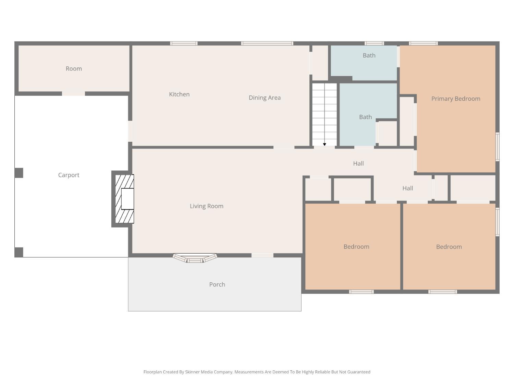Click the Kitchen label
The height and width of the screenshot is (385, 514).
click(x=179, y=94)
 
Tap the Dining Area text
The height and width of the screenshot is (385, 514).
click(x=265, y=98)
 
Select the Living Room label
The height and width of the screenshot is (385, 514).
click(x=207, y=206)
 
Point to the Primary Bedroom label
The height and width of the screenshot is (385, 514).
click(x=456, y=99)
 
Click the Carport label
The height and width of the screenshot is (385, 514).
click(x=69, y=175)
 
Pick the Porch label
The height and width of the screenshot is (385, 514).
click(x=217, y=284)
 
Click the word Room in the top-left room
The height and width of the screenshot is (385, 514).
click(x=74, y=69)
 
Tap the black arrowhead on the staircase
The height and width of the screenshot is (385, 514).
click(x=325, y=144)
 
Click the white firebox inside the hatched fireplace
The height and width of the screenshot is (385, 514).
click(x=127, y=199)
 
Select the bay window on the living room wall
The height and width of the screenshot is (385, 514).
click(x=195, y=258)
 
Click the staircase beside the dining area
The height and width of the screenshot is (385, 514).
click(x=325, y=115)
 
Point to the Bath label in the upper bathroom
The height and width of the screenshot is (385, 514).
click(x=369, y=55)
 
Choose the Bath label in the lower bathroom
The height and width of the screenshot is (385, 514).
click(x=366, y=117)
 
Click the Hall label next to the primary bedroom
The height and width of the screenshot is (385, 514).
click(x=358, y=164)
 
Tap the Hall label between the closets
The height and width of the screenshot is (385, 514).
click(x=408, y=189)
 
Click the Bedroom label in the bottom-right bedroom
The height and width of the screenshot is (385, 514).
click(x=449, y=247)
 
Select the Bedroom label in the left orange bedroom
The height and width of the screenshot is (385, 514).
click(x=356, y=247)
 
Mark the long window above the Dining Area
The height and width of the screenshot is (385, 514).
click(x=267, y=43)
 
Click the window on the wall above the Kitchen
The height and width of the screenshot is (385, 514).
click(x=184, y=43)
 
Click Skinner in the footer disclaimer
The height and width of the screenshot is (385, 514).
click(x=193, y=372)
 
